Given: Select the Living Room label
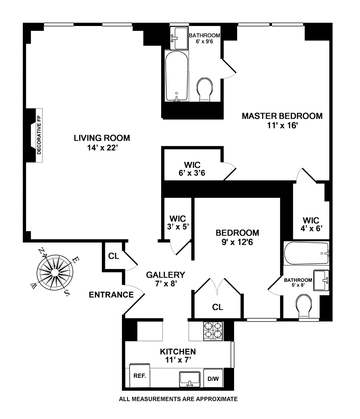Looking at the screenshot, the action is pyautogui.click(x=102, y=142).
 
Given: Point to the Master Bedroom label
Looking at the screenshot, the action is pyautogui.click(x=282, y=120).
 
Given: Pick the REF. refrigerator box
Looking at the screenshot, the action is pyautogui.click(x=139, y=376).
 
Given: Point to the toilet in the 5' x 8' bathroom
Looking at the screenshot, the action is pyautogui.click(x=308, y=305).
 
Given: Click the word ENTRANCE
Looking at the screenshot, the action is pyautogui.click(x=111, y=295).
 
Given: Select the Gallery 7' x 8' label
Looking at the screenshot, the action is pyautogui.click(x=165, y=279).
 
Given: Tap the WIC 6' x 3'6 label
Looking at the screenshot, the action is pyautogui.click(x=192, y=169).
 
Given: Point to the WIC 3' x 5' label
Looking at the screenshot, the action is pyautogui.click(x=178, y=223).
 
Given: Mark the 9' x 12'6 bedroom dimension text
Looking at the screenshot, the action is pyautogui.click(x=237, y=242).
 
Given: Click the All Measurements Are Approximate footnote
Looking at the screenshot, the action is pyautogui.click(x=178, y=399).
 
